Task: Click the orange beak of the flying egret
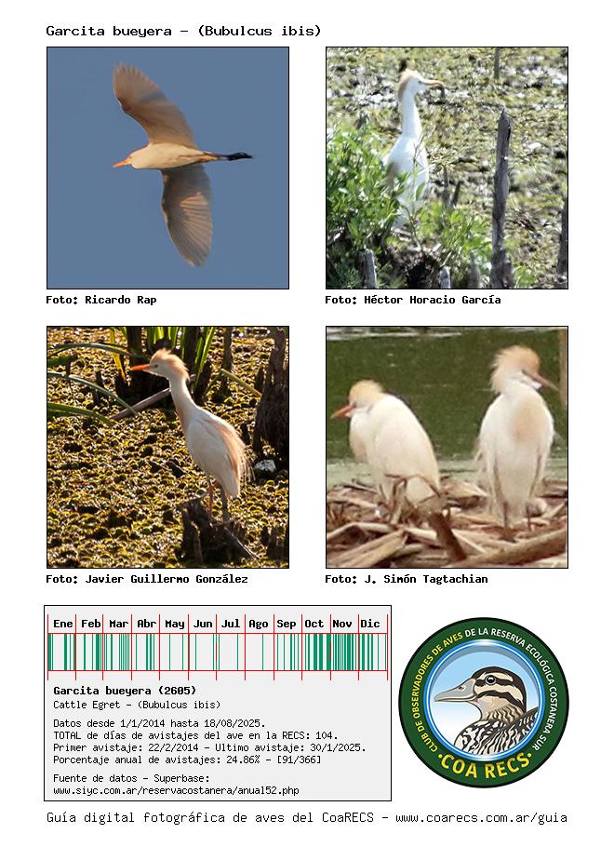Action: pos(122,162)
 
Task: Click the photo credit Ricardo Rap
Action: pos(101,300)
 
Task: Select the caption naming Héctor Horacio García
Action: pos(412,300)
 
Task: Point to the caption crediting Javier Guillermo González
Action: pos(147,579)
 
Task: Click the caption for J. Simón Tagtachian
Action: pos(407,579)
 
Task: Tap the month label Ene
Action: pos(62,624)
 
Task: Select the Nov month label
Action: pos(341,624)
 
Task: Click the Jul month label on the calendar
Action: pos(231,624)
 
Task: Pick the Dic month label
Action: pos(370,624)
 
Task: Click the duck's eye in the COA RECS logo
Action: pos(490,679)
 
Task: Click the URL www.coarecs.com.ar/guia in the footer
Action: pos(481,818)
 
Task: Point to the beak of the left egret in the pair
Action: pos(342,412)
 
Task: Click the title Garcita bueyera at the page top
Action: pos(109,31)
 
